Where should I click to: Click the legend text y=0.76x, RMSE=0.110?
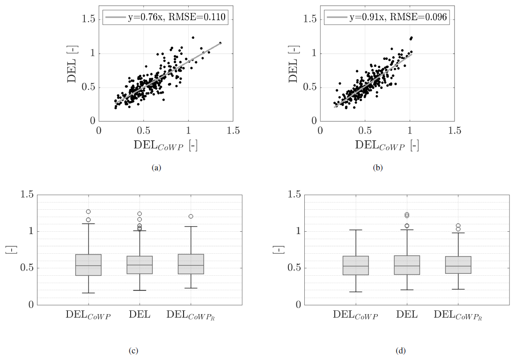(x=177, y=18)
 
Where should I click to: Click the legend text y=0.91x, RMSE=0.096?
(x=398, y=18)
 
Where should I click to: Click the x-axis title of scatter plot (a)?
(x=166, y=145)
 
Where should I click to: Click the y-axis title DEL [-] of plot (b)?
(x=294, y=63)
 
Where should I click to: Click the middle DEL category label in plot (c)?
(x=140, y=315)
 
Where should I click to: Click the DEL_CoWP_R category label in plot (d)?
(x=458, y=315)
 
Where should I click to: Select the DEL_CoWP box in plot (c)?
(x=88, y=265)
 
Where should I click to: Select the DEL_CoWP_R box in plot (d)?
(x=458, y=265)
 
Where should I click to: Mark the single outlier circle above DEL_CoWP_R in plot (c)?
(x=191, y=216)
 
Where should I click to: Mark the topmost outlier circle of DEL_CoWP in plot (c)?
(x=88, y=212)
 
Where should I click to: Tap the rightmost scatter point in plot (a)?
(x=220, y=43)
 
